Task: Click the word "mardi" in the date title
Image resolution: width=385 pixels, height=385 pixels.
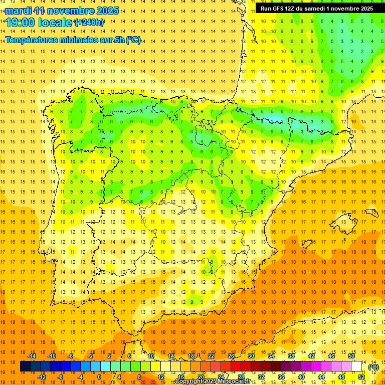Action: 19,11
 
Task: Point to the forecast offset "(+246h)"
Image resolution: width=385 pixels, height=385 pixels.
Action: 89,23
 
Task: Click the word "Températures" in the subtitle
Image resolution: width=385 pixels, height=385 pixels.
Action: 31,40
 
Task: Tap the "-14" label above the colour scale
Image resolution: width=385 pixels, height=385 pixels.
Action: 32,356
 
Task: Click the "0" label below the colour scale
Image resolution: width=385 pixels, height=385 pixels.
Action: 99,377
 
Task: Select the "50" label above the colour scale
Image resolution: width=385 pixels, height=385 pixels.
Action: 351,356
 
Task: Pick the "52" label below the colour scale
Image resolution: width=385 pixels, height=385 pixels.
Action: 361,377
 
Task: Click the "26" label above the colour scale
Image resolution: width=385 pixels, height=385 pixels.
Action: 231,356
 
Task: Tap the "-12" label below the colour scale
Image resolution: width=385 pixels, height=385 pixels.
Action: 42,377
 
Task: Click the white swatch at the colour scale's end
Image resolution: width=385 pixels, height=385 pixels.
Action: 356,366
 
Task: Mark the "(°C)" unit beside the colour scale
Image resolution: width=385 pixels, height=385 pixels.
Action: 373,367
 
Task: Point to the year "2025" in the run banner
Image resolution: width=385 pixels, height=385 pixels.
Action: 365,9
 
